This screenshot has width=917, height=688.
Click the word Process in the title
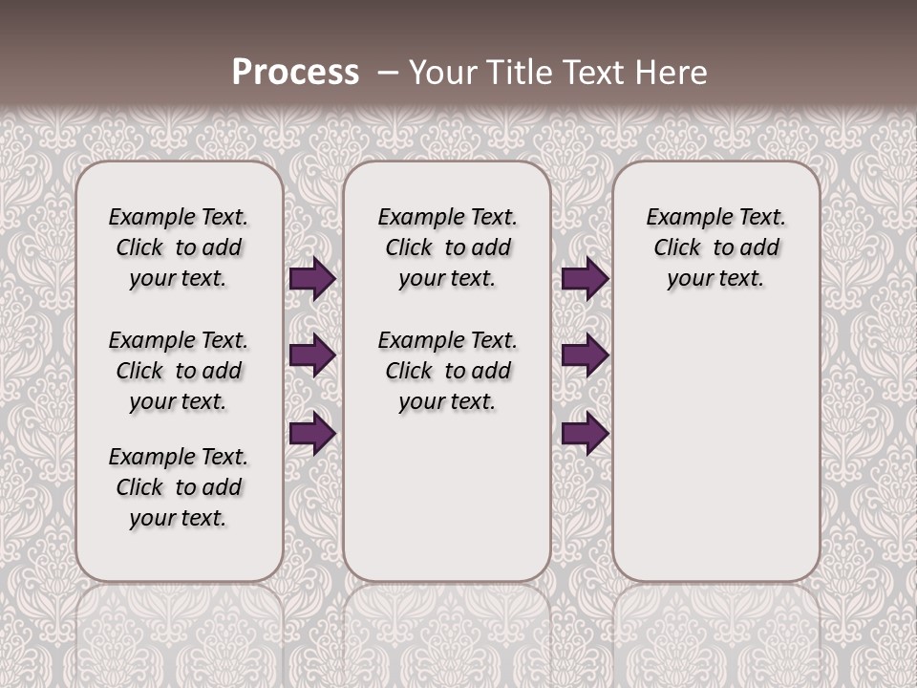pyautogui.click(x=295, y=73)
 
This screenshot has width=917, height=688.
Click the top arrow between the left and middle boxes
pyautogui.click(x=312, y=279)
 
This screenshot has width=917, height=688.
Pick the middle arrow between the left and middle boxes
pyautogui.click(x=312, y=355)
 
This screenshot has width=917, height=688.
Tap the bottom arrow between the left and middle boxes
pyautogui.click(x=312, y=433)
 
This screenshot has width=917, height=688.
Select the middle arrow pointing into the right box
pyautogui.click(x=585, y=355)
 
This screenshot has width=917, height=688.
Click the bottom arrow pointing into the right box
pyautogui.click(x=585, y=433)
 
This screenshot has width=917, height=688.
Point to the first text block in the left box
pyautogui.click(x=179, y=247)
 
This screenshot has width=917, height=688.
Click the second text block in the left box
pyautogui.click(x=179, y=371)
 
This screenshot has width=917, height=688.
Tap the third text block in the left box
pyautogui.click(x=179, y=487)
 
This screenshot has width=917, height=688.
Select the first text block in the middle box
pyautogui.click(x=447, y=247)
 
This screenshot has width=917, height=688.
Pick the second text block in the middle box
pyautogui.click(x=447, y=371)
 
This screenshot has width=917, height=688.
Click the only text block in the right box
pyautogui.click(x=715, y=247)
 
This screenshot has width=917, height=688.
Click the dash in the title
pyautogui.click(x=388, y=73)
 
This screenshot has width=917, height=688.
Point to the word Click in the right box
pyautogui.click(x=677, y=248)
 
